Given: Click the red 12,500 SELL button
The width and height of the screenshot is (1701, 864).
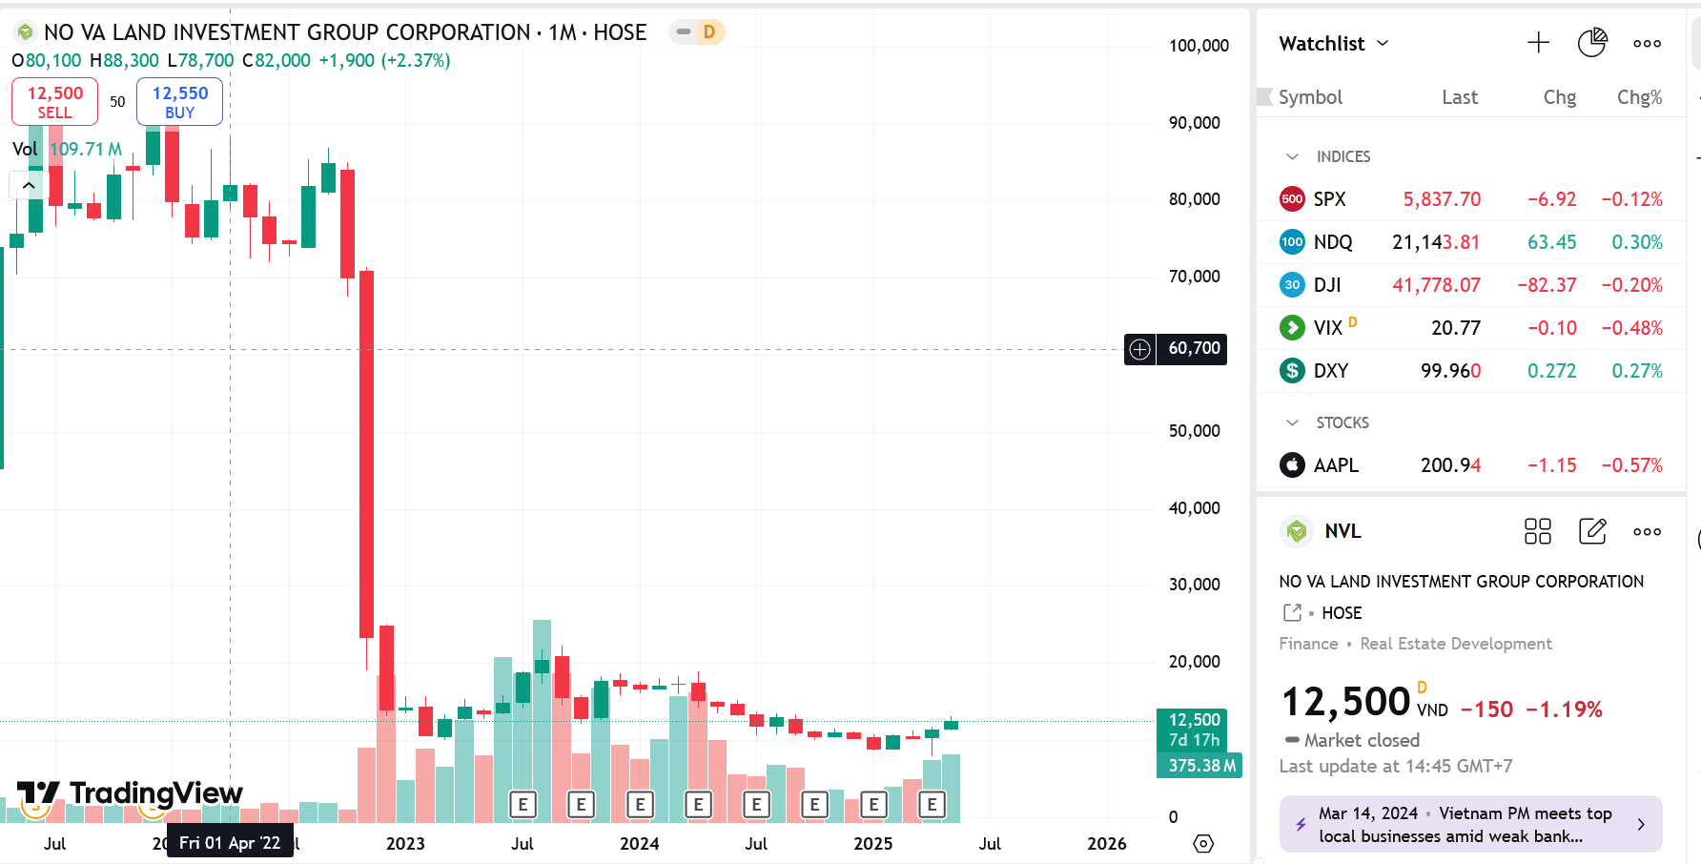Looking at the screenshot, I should (x=54, y=101).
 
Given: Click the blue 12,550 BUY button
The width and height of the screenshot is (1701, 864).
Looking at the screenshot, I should (x=179, y=101).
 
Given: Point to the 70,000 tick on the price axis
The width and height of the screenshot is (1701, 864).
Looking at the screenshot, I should (x=1194, y=277).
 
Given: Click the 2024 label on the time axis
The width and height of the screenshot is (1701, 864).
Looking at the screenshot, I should (x=639, y=844).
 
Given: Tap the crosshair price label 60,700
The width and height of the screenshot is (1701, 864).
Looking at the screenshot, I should (x=1194, y=349).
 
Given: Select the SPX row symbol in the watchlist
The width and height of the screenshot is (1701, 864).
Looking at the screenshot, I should (x=1329, y=199).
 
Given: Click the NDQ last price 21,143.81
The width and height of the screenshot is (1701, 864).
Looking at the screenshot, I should (x=1435, y=242).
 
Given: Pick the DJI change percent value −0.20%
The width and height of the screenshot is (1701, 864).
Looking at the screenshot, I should (x=1631, y=285).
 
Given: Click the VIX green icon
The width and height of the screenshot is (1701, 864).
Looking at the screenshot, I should (x=1292, y=328).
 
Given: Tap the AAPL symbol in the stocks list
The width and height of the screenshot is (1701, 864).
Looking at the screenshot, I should (x=1335, y=465).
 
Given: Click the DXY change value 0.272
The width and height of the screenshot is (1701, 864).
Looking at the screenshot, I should (x=1551, y=371).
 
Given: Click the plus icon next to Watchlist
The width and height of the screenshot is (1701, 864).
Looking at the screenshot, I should (x=1538, y=43).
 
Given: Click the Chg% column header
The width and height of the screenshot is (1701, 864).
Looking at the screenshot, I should (x=1639, y=97).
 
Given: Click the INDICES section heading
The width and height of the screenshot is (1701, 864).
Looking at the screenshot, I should (x=1342, y=156).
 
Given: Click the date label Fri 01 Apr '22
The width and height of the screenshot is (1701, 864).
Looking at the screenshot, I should (x=230, y=843).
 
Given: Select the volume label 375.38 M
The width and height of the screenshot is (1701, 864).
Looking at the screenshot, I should (x=1200, y=766).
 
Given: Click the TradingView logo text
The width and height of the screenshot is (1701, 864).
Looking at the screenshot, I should (x=155, y=793).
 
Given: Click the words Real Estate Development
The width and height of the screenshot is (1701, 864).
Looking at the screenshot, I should (x=1455, y=644).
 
